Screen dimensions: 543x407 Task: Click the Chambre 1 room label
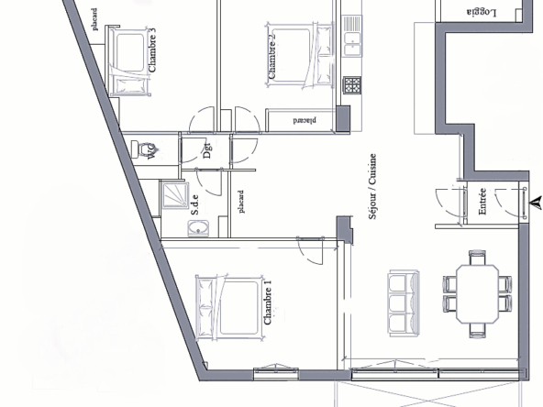[x=268, y=302]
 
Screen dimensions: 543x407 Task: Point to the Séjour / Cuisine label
[x=372, y=186]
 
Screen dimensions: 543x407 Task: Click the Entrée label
[x=482, y=201]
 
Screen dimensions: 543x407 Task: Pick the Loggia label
[x=482, y=13]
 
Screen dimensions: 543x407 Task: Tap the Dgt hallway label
[x=206, y=150]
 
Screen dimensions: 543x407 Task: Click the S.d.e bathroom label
[x=195, y=204]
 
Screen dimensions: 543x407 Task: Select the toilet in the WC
[x=143, y=149]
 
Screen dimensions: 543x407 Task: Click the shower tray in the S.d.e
[x=175, y=195]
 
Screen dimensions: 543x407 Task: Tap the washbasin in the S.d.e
[x=198, y=228]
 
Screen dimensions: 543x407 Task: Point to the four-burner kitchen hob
[x=352, y=85]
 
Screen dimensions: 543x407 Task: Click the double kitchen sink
[x=352, y=36]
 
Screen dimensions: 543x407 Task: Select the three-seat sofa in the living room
[x=404, y=303]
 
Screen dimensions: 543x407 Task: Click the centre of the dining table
[x=478, y=294]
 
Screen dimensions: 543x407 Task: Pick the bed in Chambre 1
[x=229, y=306]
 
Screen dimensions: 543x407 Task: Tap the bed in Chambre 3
[x=130, y=61]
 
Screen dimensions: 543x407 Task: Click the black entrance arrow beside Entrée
[x=536, y=203]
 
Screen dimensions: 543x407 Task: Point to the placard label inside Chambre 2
[x=305, y=120]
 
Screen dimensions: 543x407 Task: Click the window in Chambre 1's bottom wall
[x=276, y=373]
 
